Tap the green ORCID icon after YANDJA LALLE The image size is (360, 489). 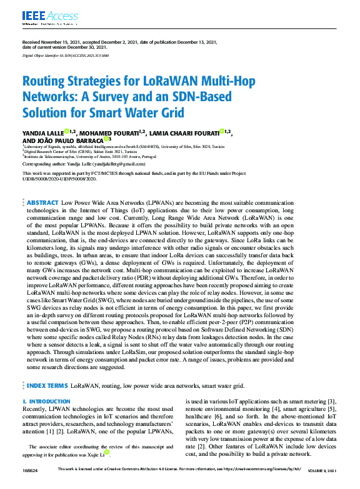click(x=67, y=131)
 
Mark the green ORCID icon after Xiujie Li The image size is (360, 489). click(x=106, y=452)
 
